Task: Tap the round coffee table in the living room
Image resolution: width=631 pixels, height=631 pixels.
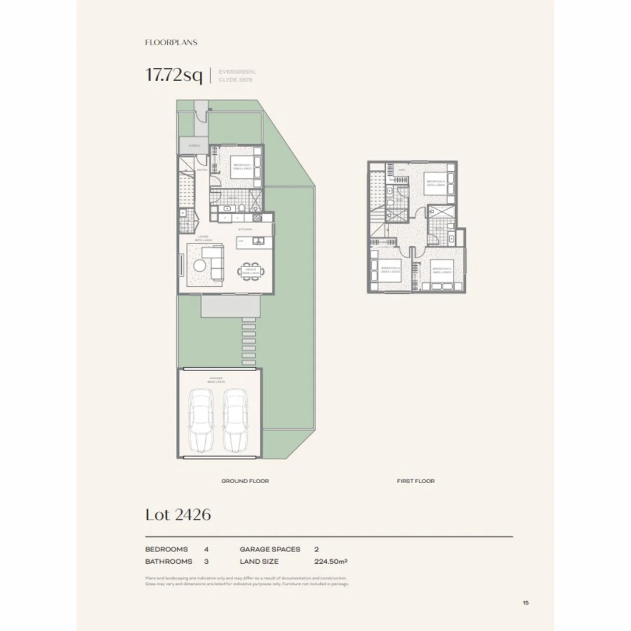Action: tap(199, 266)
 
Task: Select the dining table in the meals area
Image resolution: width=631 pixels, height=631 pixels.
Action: tap(252, 272)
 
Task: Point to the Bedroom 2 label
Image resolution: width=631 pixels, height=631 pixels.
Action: tap(436, 182)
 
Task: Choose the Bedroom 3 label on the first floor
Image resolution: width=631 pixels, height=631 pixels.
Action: tap(442, 271)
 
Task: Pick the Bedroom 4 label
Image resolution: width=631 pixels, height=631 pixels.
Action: tap(389, 271)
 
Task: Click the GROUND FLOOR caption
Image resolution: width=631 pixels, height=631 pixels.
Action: tap(245, 481)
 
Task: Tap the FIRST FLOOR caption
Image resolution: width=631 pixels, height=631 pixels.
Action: tap(415, 481)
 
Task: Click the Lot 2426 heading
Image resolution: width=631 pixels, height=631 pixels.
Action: tap(178, 515)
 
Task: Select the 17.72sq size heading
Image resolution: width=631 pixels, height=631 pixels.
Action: tap(174, 75)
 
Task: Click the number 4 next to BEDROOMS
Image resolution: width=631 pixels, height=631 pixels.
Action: tap(206, 549)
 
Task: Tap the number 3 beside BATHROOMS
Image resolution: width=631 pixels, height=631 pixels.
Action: tap(206, 561)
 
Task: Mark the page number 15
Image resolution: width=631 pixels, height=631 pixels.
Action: tap(526, 602)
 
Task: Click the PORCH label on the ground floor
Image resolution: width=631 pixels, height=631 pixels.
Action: tap(195, 145)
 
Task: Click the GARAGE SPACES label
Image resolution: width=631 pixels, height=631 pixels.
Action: tap(270, 549)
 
